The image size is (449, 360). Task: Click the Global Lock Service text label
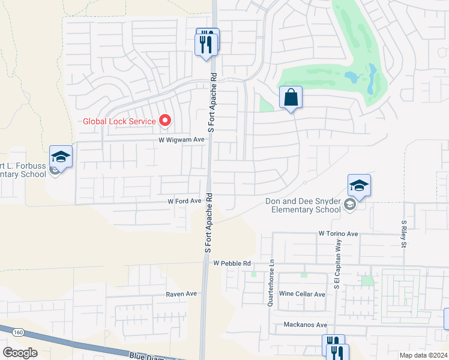119,121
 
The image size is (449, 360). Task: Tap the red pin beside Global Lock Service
166,121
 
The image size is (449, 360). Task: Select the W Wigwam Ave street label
182,139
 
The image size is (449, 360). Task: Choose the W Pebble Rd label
231,263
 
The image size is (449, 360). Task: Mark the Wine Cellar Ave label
303,295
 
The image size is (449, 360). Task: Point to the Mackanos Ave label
306,325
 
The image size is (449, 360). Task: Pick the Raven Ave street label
182,294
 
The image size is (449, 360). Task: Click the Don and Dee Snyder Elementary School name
303,206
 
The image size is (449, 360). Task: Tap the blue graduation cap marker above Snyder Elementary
359,185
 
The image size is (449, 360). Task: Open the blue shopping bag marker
291,97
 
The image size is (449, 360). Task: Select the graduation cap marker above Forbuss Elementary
61,157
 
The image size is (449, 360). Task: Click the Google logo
20,353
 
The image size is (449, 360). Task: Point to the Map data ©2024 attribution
423,355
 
